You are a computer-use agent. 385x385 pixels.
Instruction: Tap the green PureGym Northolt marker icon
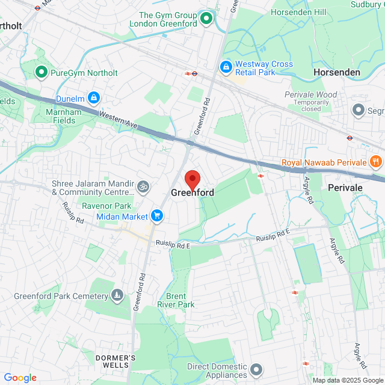(x=42, y=73)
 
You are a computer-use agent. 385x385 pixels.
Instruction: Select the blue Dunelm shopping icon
(x=93, y=97)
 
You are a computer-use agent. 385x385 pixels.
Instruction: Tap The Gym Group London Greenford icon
(x=206, y=19)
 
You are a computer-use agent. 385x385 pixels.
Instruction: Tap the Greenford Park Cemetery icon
(x=117, y=295)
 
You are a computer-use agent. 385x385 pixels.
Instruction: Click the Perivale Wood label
(x=310, y=94)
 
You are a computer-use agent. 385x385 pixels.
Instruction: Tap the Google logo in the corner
(x=19, y=377)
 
